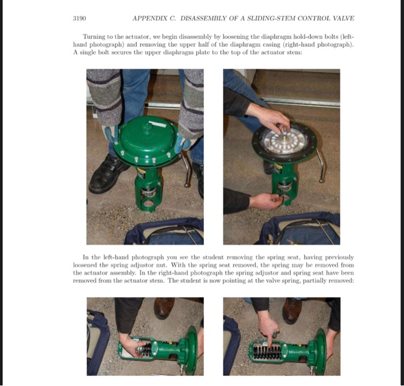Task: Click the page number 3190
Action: [80, 18]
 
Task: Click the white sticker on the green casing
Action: [158, 124]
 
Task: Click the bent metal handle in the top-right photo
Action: [320, 165]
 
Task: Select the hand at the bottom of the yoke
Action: [265, 201]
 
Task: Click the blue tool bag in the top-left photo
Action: [165, 232]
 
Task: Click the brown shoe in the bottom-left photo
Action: [164, 307]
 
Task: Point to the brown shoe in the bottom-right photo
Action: [291, 310]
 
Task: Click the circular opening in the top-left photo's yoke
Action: [149, 203]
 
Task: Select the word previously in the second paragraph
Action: [339, 258]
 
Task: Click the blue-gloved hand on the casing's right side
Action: [184, 143]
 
